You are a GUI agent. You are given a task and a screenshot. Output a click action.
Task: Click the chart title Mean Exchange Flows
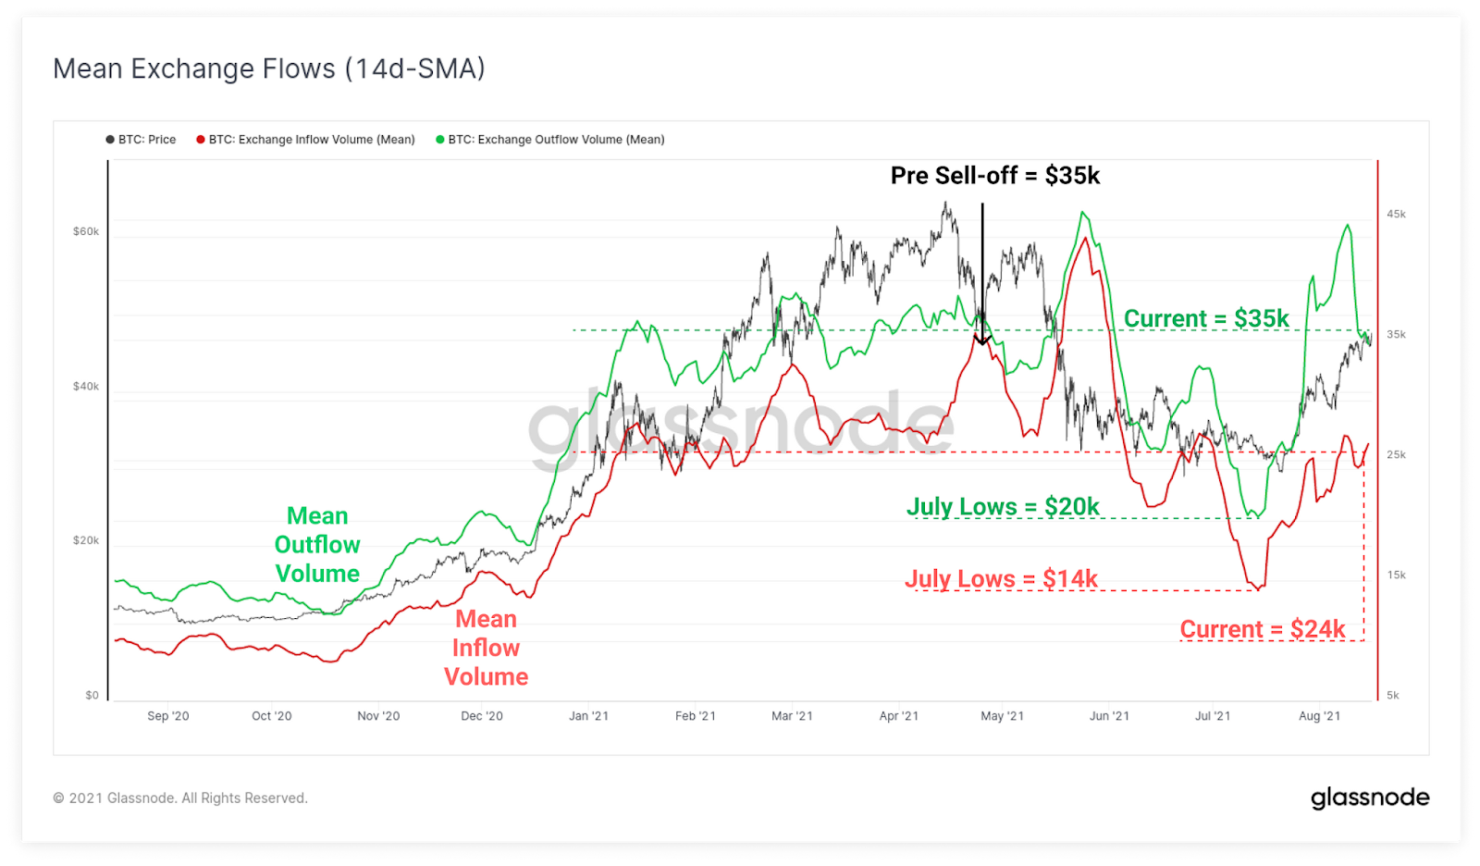[x=268, y=69]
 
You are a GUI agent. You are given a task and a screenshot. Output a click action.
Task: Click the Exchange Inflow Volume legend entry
[x=306, y=140]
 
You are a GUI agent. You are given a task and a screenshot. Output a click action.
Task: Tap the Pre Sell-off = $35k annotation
[x=994, y=176]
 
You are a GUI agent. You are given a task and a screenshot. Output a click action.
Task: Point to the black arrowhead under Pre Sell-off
[x=982, y=340]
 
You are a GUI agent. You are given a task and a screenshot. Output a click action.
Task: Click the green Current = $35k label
[x=1205, y=319]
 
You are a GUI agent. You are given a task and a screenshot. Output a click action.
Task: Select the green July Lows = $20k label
[x=1003, y=507]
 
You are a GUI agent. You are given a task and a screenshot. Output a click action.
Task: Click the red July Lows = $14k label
[x=1001, y=579]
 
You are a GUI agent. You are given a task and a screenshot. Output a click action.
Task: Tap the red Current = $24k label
[x=1262, y=630]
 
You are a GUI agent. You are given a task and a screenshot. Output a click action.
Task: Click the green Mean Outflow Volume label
[x=317, y=545]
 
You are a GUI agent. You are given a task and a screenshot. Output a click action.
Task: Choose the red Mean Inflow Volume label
[x=486, y=648]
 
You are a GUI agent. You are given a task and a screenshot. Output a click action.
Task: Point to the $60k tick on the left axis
[x=86, y=231]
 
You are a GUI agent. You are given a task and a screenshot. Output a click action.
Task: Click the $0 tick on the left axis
[x=92, y=695]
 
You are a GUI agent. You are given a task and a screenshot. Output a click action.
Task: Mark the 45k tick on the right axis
[x=1396, y=214]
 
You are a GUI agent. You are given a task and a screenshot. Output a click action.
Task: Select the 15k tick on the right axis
[x=1396, y=575]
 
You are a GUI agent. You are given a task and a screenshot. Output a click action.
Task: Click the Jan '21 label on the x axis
[x=588, y=716]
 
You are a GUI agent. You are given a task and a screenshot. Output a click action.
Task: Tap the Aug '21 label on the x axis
[x=1319, y=716]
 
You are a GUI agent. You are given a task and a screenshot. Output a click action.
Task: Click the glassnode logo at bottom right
[x=1370, y=798]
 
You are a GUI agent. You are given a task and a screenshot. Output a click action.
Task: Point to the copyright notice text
[x=180, y=798]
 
